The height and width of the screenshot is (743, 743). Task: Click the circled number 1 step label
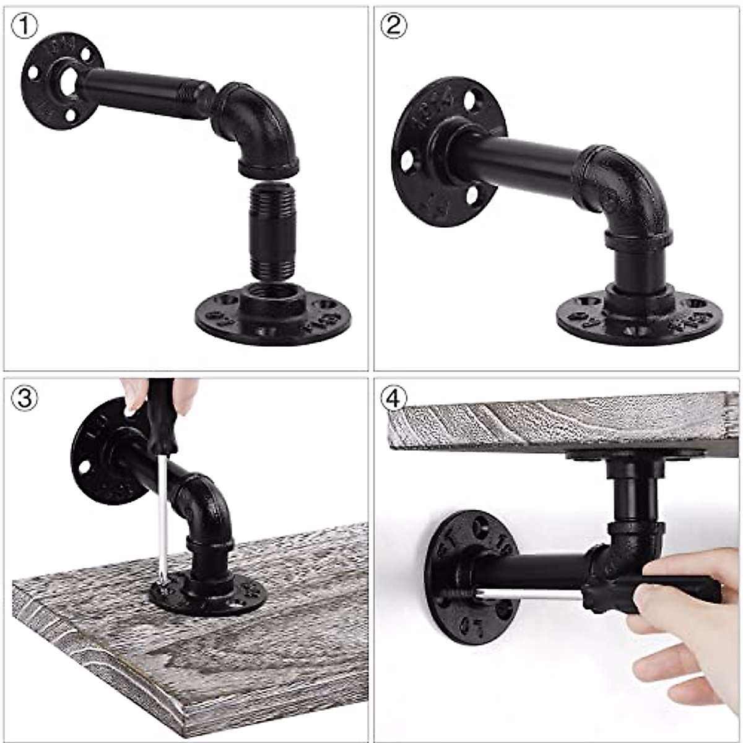pyautogui.click(x=24, y=25)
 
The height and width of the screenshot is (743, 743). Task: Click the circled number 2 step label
pyautogui.click(x=394, y=25)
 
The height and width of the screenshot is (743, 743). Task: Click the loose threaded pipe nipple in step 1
pyautogui.click(x=272, y=232)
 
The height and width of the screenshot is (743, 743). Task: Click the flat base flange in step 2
pyautogui.click(x=638, y=316)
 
